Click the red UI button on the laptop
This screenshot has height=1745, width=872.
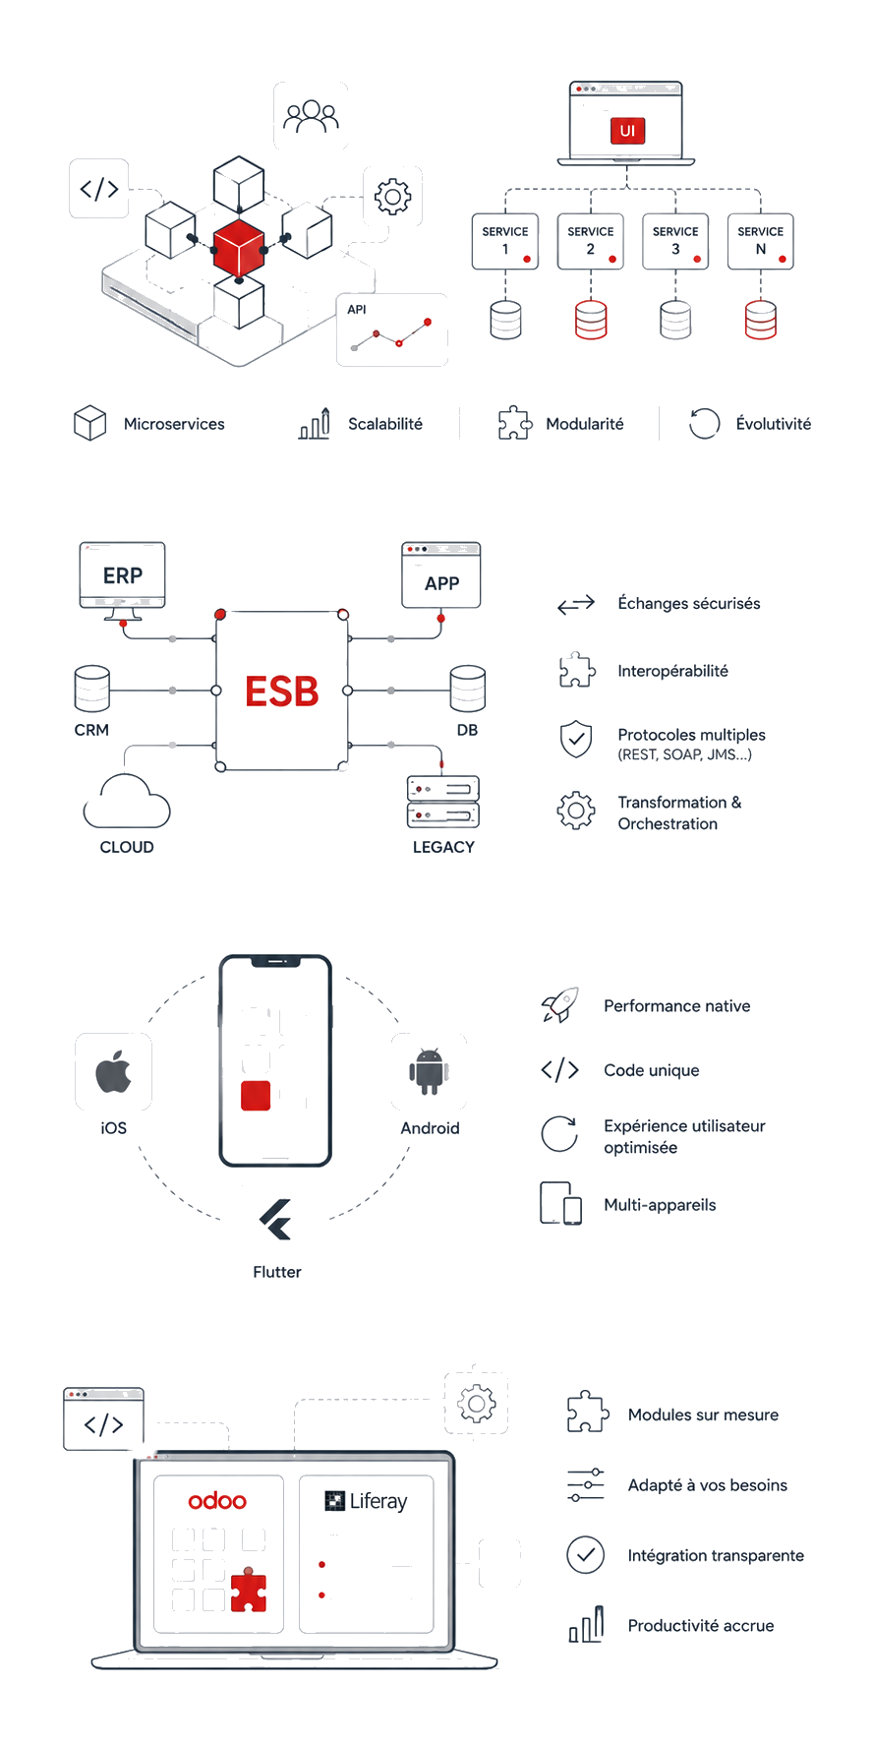click(627, 131)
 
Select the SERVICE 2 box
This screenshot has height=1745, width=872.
click(591, 241)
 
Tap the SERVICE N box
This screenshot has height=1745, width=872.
click(761, 241)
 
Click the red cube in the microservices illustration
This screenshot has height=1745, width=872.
click(239, 248)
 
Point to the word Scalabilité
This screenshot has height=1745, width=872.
click(385, 424)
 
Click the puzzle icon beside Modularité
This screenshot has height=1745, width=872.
click(515, 423)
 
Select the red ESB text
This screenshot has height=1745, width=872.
click(282, 692)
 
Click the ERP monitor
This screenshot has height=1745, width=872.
click(123, 580)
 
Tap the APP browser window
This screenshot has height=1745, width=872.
click(441, 574)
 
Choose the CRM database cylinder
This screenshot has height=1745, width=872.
click(92, 689)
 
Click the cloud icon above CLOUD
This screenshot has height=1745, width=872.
click(127, 801)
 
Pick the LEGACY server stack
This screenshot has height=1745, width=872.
click(443, 801)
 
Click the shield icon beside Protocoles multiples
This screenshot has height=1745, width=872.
click(576, 740)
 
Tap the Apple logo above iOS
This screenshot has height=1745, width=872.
click(114, 1071)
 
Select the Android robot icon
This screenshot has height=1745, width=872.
click(430, 1072)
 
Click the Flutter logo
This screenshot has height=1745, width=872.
click(276, 1220)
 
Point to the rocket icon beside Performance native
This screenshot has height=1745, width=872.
click(560, 1005)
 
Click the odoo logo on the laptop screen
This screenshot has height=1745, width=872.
click(217, 1501)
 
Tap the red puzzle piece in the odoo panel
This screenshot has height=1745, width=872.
click(249, 1590)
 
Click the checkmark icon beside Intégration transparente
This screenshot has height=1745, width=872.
click(586, 1555)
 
